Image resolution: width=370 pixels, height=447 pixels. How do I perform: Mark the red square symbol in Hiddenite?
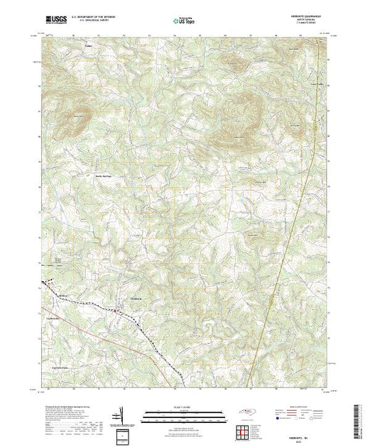click(x=116, y=310)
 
